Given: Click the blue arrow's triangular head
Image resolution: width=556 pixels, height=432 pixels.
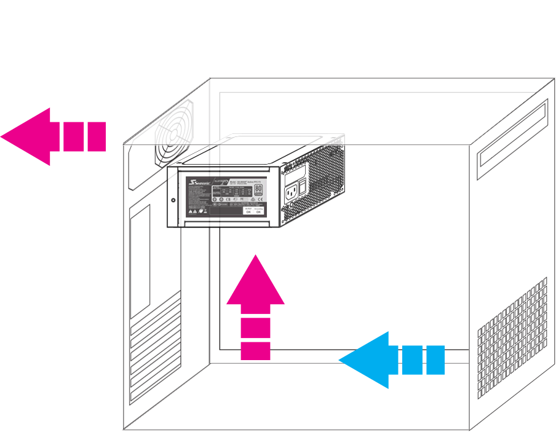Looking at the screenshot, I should tap(366, 360).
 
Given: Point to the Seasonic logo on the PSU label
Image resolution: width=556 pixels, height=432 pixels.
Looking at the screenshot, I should tap(197, 183).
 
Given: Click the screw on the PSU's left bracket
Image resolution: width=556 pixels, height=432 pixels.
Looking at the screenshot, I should tap(173, 200).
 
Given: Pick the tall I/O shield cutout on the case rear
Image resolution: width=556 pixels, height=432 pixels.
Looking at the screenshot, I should tap(141, 258).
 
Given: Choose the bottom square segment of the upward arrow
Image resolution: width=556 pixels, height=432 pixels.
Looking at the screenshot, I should tap(255, 351).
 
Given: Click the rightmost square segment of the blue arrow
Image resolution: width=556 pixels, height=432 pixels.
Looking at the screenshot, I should tap(435, 360).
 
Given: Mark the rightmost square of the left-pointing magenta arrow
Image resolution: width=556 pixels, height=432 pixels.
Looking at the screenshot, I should tap(96, 136).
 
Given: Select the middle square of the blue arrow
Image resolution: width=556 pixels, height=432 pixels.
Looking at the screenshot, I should tap(412, 360).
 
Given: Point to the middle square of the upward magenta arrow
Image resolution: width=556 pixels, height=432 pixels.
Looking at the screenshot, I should tap(255, 328).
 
